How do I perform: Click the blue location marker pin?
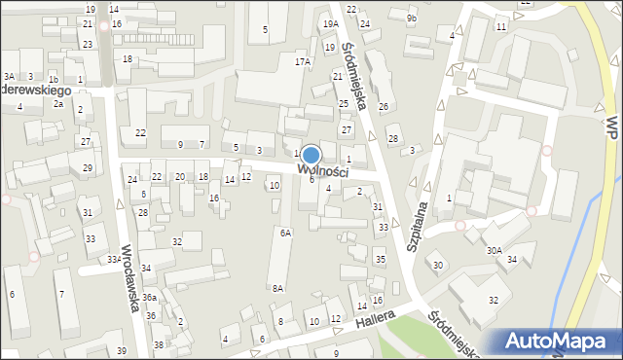click(x=311, y=156)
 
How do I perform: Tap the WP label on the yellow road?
click(x=611, y=126)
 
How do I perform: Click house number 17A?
click(x=303, y=61)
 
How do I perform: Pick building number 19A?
click(x=330, y=23)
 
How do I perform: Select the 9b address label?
click(x=412, y=18)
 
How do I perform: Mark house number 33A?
click(x=114, y=260)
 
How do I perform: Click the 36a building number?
click(x=149, y=297)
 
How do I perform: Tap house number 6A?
click(x=285, y=233)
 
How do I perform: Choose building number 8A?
click(x=277, y=288)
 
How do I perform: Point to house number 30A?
click(x=495, y=250)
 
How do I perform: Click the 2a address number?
click(x=58, y=103)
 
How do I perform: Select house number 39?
click(x=122, y=350)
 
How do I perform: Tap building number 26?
click(x=384, y=106)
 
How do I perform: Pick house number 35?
click(x=381, y=260)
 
